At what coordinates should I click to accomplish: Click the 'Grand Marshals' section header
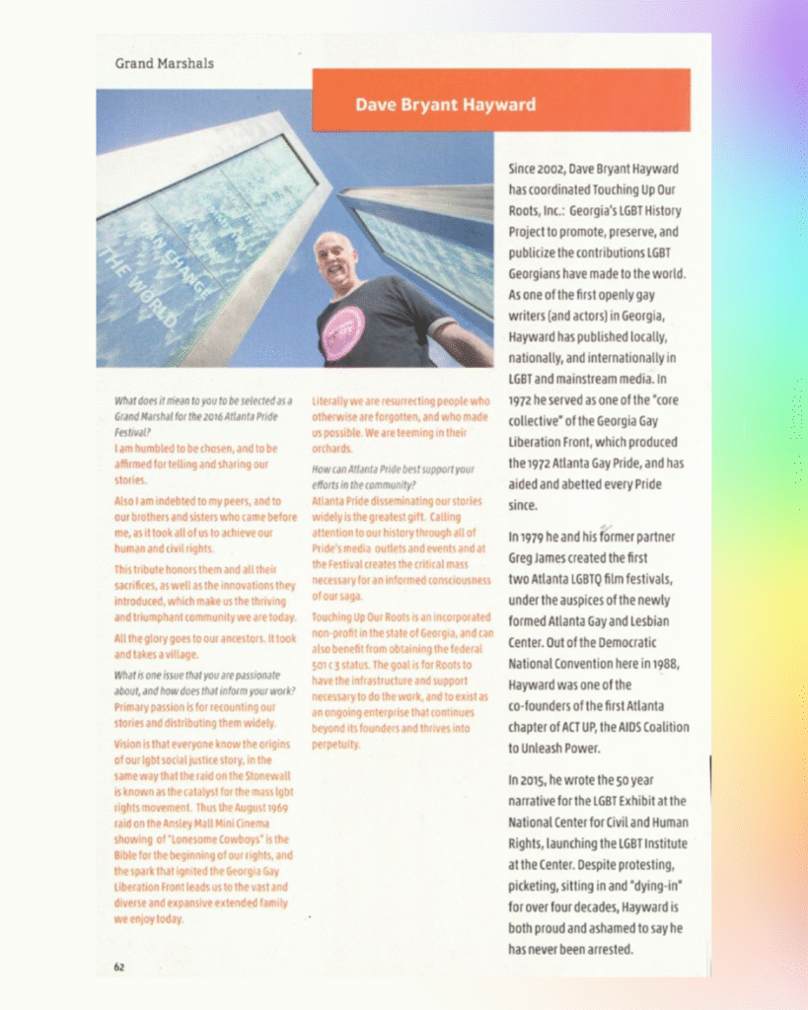coord(164,64)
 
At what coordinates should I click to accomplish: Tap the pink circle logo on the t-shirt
coord(344,331)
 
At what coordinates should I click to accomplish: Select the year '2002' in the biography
coord(551,169)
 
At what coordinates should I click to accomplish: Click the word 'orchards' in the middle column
coord(331,449)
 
